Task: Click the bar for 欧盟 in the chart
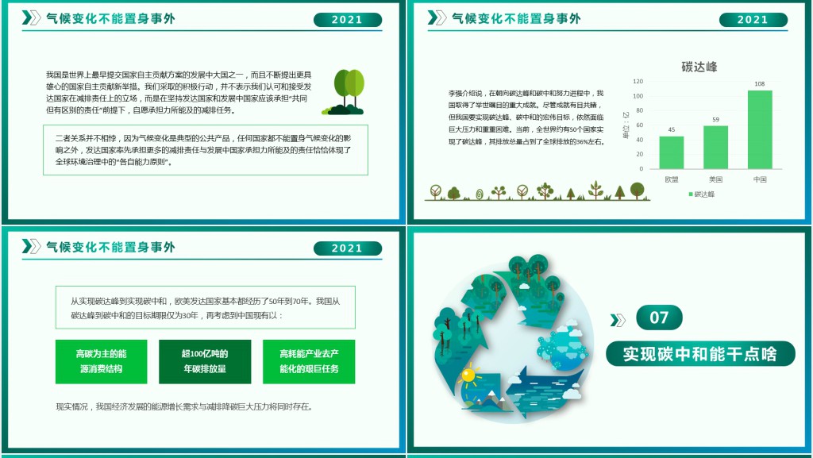pyautogui.click(x=671, y=152)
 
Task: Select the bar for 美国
pyautogui.click(x=715, y=148)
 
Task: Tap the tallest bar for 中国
pyautogui.click(x=760, y=129)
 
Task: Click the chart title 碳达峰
pyautogui.click(x=699, y=67)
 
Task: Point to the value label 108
pyautogui.click(x=760, y=84)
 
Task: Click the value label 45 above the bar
pyautogui.click(x=671, y=130)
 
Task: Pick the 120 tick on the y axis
pyautogui.click(x=638, y=82)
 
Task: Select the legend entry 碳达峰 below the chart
pyautogui.click(x=701, y=194)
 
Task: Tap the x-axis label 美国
pyautogui.click(x=715, y=179)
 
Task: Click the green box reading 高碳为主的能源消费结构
pyautogui.click(x=101, y=361)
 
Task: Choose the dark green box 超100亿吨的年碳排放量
pyautogui.click(x=205, y=361)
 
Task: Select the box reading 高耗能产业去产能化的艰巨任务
pyautogui.click(x=309, y=361)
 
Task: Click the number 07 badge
pyautogui.click(x=659, y=318)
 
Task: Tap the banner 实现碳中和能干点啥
pyautogui.click(x=699, y=353)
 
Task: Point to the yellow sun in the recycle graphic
pyautogui.click(x=468, y=374)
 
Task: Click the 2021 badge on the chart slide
pyautogui.click(x=753, y=20)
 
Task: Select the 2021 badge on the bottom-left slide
pyautogui.click(x=347, y=248)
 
